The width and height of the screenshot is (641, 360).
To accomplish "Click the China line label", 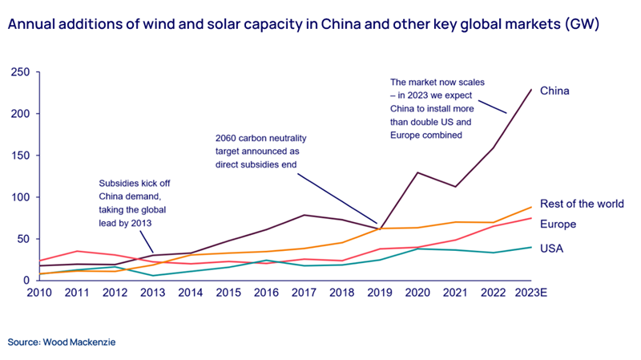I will [x=554, y=91].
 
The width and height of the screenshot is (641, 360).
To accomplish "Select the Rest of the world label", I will [x=582, y=204].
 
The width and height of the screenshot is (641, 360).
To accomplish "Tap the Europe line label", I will [x=558, y=224].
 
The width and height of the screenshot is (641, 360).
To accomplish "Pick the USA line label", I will [x=551, y=249].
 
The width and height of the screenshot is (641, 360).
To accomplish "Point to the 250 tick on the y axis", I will [x=20, y=72].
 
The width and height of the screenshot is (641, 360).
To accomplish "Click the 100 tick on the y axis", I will [x=20, y=197].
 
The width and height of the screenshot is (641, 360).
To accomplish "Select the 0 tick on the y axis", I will [x=26, y=280].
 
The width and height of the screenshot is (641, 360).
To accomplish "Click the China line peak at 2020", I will [x=417, y=172].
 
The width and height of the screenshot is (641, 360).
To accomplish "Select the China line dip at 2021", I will [x=455, y=187].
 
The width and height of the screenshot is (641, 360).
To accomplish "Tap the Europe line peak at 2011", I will [x=76, y=251].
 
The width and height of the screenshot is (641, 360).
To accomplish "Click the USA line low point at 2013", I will [x=152, y=276].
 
